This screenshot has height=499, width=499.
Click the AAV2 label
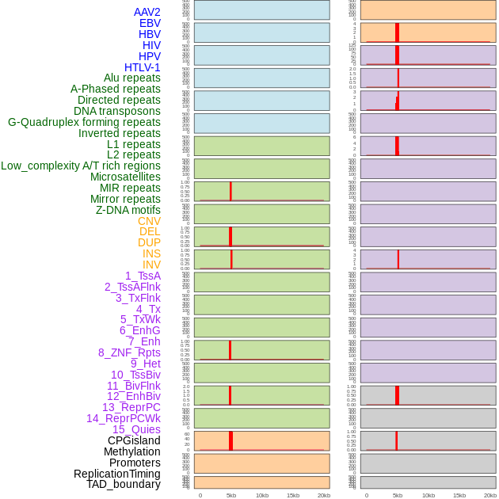[147, 12]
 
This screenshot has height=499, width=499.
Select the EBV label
[150, 23]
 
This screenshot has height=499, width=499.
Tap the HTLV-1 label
[143, 67]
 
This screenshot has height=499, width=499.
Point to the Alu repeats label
[132, 78]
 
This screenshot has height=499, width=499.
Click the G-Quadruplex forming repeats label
[84, 122]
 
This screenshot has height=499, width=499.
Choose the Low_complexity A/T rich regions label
[81, 166]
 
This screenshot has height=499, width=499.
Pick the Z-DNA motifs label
[128, 210]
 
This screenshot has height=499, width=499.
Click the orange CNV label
[149, 221]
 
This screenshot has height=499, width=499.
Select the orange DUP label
[149, 242]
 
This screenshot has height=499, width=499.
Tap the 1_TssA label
[143, 276]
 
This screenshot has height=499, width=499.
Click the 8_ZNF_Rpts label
[129, 352]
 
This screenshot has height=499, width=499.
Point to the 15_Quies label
[136, 429]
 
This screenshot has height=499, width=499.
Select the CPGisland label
[134, 440]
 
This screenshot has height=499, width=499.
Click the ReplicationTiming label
[117, 474]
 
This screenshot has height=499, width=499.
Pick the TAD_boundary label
[124, 484]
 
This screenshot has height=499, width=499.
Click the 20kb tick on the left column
[323, 495]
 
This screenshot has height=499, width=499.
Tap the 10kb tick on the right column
[429, 495]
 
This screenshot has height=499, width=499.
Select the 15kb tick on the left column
[293, 495]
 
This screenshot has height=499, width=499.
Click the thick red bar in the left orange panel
[230, 440]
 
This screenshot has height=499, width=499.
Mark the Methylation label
[132, 451]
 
